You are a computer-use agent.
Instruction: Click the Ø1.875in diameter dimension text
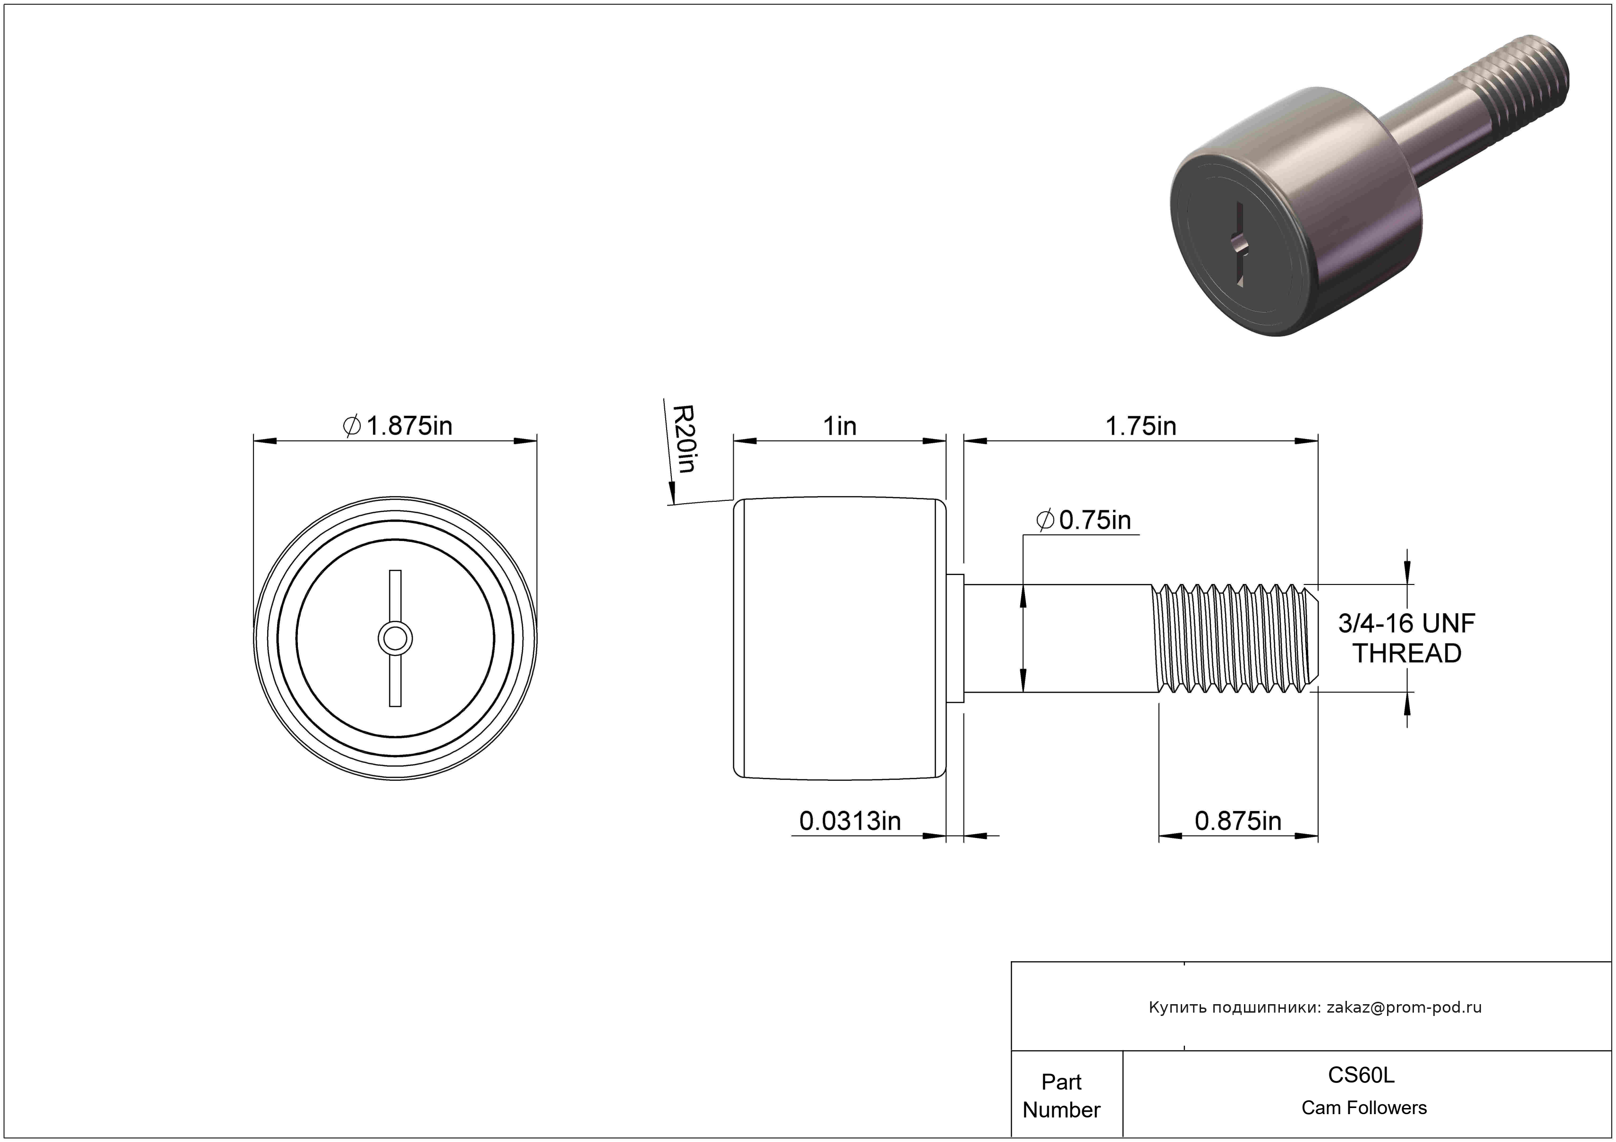tap(398, 426)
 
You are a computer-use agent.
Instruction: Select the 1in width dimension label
tap(840, 426)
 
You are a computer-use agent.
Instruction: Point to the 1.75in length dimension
tap(1141, 426)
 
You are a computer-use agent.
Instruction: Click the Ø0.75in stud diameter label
tap(1084, 520)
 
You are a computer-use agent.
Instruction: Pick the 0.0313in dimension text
tap(849, 821)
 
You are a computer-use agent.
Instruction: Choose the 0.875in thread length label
tap(1238, 821)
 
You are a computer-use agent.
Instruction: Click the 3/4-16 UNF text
tap(1406, 624)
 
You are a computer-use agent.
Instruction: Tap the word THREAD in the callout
tap(1407, 654)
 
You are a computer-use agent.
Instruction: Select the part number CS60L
tap(1361, 1075)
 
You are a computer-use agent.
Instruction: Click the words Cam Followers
tap(1364, 1108)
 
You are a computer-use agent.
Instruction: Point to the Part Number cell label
tap(1061, 1096)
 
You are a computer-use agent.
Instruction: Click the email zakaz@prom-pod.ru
tap(1404, 1007)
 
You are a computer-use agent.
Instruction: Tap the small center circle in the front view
tap(395, 639)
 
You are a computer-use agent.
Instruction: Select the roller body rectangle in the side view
tap(840, 638)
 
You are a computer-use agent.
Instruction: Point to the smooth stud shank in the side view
tap(1059, 638)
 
